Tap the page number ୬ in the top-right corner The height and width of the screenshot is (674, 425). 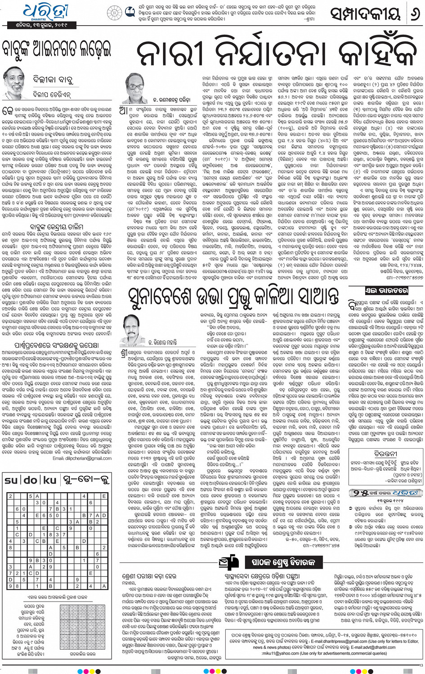(x=412, y=15)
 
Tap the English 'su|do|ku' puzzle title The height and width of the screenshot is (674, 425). (x=31, y=480)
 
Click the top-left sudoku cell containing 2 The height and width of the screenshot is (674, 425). (x=10, y=496)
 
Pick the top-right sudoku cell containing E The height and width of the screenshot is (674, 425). (x=104, y=496)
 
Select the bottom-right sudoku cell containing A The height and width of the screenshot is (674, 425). (x=104, y=586)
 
